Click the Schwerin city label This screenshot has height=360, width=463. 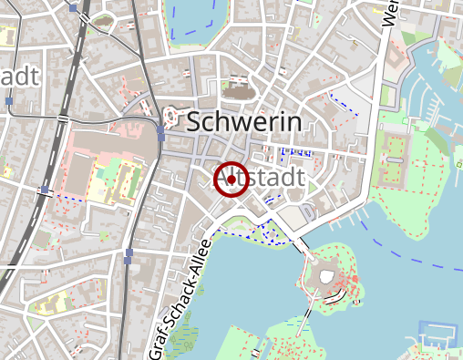coord(243,121)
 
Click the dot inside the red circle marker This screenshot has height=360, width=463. coord(231,180)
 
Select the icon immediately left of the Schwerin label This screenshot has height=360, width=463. coord(170,117)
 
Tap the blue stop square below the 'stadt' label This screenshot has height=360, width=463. coord(7,101)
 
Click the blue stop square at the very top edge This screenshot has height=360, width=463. coord(73,7)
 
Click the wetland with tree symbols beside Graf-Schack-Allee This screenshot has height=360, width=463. coord(184,342)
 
